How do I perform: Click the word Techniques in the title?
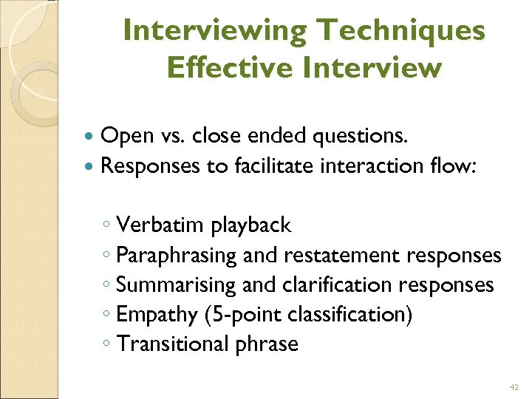pyautogui.click(x=400, y=32)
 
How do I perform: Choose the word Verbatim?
pyautogui.click(x=160, y=224)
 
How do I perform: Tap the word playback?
pyautogui.click(x=251, y=225)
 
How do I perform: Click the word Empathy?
pyautogui.click(x=157, y=315)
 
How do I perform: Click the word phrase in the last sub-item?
pyautogui.click(x=266, y=344)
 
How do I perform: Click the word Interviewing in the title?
pyautogui.click(x=214, y=32)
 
